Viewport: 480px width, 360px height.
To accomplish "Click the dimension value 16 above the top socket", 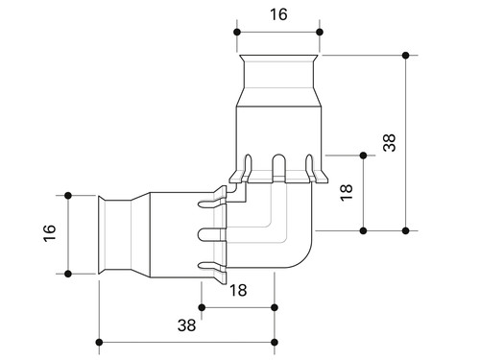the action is tap(278, 14).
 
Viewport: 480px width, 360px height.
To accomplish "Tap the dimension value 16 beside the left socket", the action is tap(50, 233).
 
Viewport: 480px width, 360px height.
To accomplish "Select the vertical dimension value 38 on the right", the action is tap(390, 143).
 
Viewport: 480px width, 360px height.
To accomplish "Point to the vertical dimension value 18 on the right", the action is tap(347, 193).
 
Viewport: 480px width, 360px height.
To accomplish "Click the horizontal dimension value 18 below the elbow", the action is tap(238, 291).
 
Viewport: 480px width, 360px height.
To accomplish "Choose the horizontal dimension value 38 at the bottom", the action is tap(186, 325).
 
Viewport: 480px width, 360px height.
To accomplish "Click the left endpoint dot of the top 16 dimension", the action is tap(237, 32).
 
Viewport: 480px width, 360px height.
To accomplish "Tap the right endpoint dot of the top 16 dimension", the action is tap(320, 32).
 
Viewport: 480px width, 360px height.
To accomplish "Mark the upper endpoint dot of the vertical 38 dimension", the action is tap(406, 56).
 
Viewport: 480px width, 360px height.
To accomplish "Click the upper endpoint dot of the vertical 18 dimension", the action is tap(363, 156).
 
